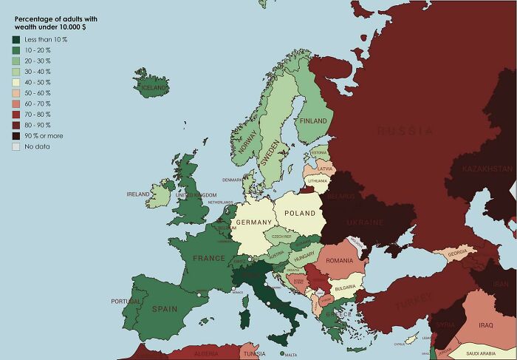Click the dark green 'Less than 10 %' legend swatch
tap(16, 39)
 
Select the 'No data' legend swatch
tap(16, 146)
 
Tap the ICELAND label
tap(154, 87)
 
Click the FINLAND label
tap(313, 120)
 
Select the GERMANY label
tap(255, 223)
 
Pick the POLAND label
tap(300, 213)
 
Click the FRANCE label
tap(208, 259)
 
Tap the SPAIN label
tap(164, 309)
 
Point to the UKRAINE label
tap(366, 223)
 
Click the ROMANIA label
tap(339, 261)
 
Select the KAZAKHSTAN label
tap(487, 169)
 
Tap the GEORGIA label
tap(457, 254)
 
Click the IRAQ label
tap(485, 325)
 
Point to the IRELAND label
tap(138, 194)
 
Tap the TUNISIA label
tap(254, 353)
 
